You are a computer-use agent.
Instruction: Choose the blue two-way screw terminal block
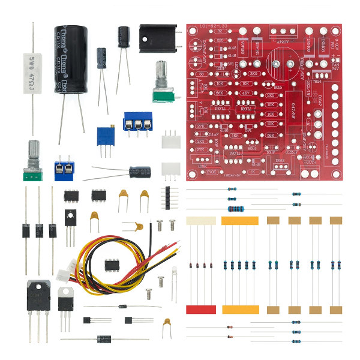coord(66,170)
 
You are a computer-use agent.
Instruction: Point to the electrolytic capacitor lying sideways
coord(140,172)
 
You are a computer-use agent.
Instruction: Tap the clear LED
coord(175,275)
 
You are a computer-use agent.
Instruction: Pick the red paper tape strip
coord(201,310)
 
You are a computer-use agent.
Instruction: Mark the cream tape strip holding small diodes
coord(201,221)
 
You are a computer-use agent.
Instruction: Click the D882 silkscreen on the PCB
coord(280,161)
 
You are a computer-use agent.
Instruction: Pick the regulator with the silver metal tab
coord(66,298)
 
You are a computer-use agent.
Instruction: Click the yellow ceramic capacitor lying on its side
coord(134,226)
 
